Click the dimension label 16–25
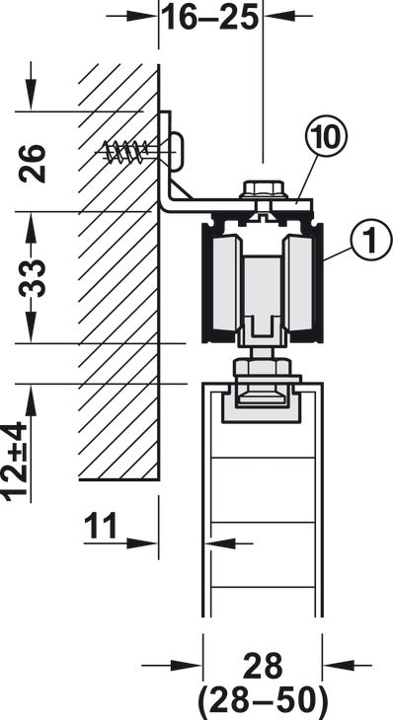tap(211, 17)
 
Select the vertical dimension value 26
tap(34, 164)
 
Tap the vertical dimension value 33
tap(34, 279)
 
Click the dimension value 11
tap(101, 526)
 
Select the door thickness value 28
tap(263, 667)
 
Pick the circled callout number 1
tap(371, 240)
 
